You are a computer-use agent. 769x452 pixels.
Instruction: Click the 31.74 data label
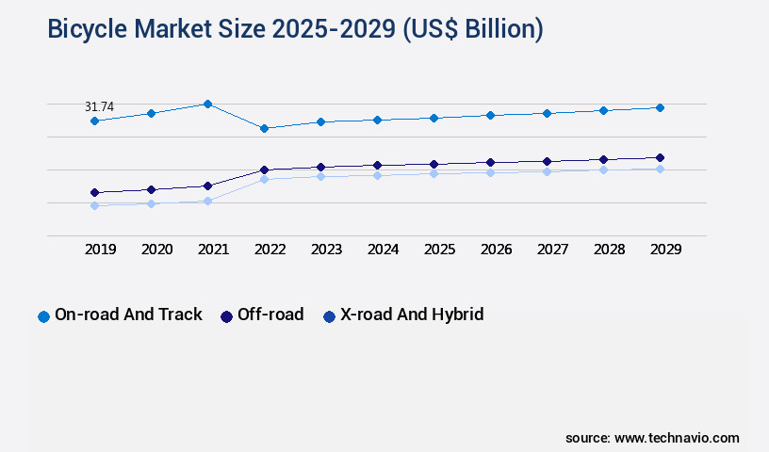point(99,107)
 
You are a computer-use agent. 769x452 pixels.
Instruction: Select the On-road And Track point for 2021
point(207,104)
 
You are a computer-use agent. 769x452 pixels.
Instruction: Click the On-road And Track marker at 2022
point(264,128)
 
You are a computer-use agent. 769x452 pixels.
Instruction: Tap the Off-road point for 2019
point(94,192)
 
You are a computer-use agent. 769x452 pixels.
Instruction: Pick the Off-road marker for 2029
point(660,157)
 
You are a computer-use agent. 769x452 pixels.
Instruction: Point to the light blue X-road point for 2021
point(207,201)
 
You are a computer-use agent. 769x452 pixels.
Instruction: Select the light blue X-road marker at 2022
point(264,179)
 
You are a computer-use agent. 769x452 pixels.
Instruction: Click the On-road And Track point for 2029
point(660,107)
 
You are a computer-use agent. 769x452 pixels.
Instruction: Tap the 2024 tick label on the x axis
point(383,250)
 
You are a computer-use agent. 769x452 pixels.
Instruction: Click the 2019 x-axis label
point(100,250)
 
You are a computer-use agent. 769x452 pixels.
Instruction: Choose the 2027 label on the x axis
point(552,250)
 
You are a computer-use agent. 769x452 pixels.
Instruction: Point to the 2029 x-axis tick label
point(665,250)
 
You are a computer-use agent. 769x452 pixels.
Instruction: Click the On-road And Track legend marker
point(43,316)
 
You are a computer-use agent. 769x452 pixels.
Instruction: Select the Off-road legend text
point(270,315)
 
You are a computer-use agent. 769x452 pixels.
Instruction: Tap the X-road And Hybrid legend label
point(412,315)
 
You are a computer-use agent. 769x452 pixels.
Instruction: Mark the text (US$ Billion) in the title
point(473,30)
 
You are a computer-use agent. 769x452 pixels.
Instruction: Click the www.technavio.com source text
point(677,438)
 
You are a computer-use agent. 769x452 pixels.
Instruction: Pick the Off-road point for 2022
point(264,169)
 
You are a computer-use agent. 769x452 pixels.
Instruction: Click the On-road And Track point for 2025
point(434,118)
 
